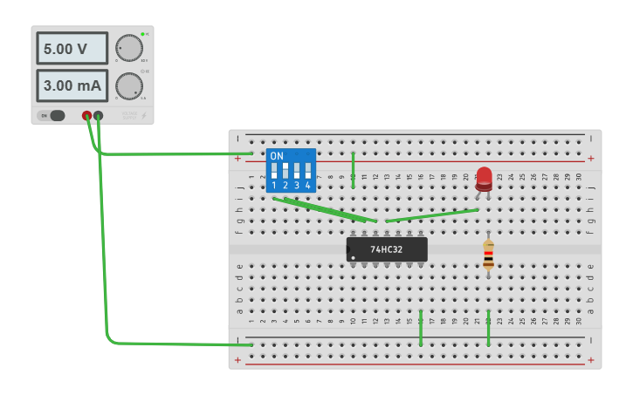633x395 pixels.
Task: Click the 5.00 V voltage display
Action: coord(72,49)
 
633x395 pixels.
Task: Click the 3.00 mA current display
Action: coord(72,86)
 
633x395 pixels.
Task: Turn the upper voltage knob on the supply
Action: coord(128,48)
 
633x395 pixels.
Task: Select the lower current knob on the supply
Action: coord(128,85)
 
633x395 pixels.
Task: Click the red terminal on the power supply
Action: coord(86,115)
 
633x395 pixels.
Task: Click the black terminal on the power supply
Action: coord(98,115)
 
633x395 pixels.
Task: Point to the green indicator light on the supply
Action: coord(142,34)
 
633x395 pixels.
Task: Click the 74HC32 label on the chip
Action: coord(387,249)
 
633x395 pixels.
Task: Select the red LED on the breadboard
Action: coord(484,177)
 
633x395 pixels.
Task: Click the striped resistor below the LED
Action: coord(488,255)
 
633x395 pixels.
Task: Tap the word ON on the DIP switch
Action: coord(277,156)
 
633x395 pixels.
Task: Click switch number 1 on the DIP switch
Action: coord(274,171)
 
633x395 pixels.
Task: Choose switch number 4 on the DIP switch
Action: coord(307,171)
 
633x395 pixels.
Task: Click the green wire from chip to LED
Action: coord(432,215)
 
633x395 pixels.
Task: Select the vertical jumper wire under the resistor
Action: coord(488,327)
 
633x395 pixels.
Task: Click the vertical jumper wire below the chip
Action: coord(421,327)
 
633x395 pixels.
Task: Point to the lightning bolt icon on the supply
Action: coord(144,115)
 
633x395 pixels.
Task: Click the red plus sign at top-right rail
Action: coord(591,159)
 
